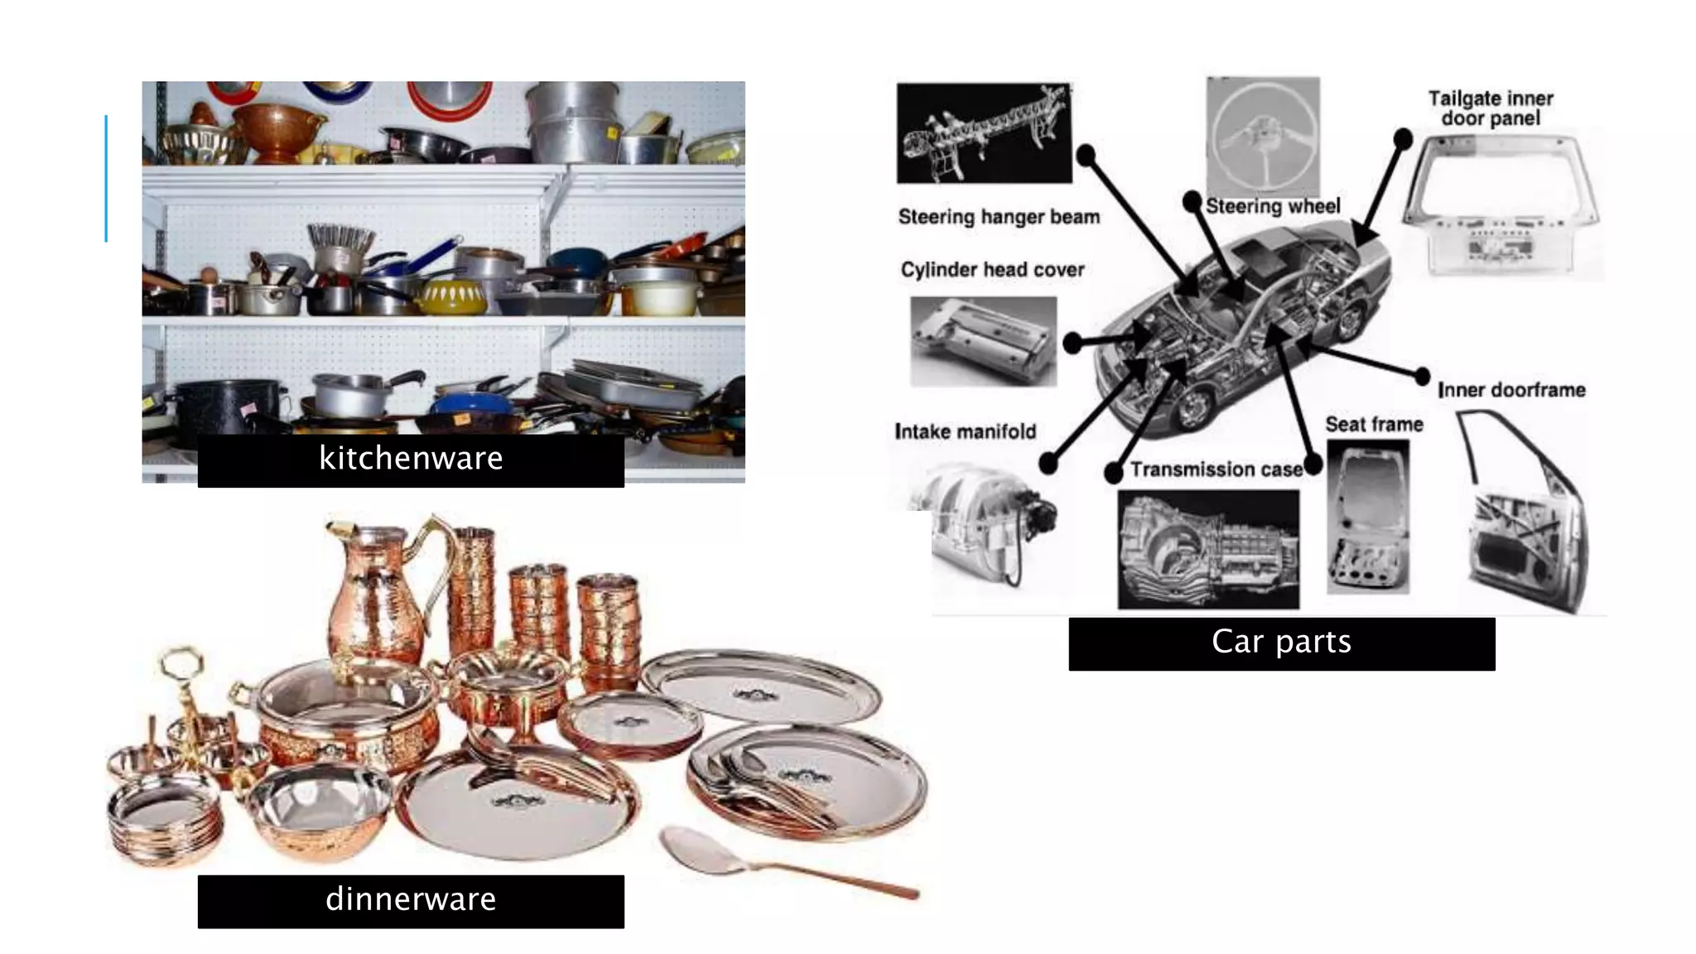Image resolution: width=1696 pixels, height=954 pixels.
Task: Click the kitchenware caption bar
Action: [411, 460]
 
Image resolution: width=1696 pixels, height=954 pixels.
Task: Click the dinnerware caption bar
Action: [411, 900]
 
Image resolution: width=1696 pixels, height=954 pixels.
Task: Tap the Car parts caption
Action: [1281, 643]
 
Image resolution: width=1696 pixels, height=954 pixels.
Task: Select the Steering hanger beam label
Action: [999, 217]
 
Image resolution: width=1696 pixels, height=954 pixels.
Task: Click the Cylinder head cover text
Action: [992, 270]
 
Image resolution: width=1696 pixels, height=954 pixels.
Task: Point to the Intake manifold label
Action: [965, 431]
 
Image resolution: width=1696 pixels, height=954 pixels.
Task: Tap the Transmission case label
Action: [1216, 470]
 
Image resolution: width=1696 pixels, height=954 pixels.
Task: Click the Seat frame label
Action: [1374, 425]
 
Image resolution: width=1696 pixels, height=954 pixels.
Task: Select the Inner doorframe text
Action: [1511, 390]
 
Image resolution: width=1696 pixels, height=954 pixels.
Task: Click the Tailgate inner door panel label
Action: [1490, 108]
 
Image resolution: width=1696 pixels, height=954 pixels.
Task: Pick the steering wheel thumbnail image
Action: [1262, 137]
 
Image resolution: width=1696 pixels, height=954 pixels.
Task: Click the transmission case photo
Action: [1208, 549]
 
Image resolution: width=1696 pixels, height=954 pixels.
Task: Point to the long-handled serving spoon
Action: [787, 861]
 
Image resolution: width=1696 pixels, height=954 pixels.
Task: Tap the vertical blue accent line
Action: [106, 178]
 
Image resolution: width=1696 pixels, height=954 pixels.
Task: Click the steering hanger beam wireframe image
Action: [984, 132]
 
